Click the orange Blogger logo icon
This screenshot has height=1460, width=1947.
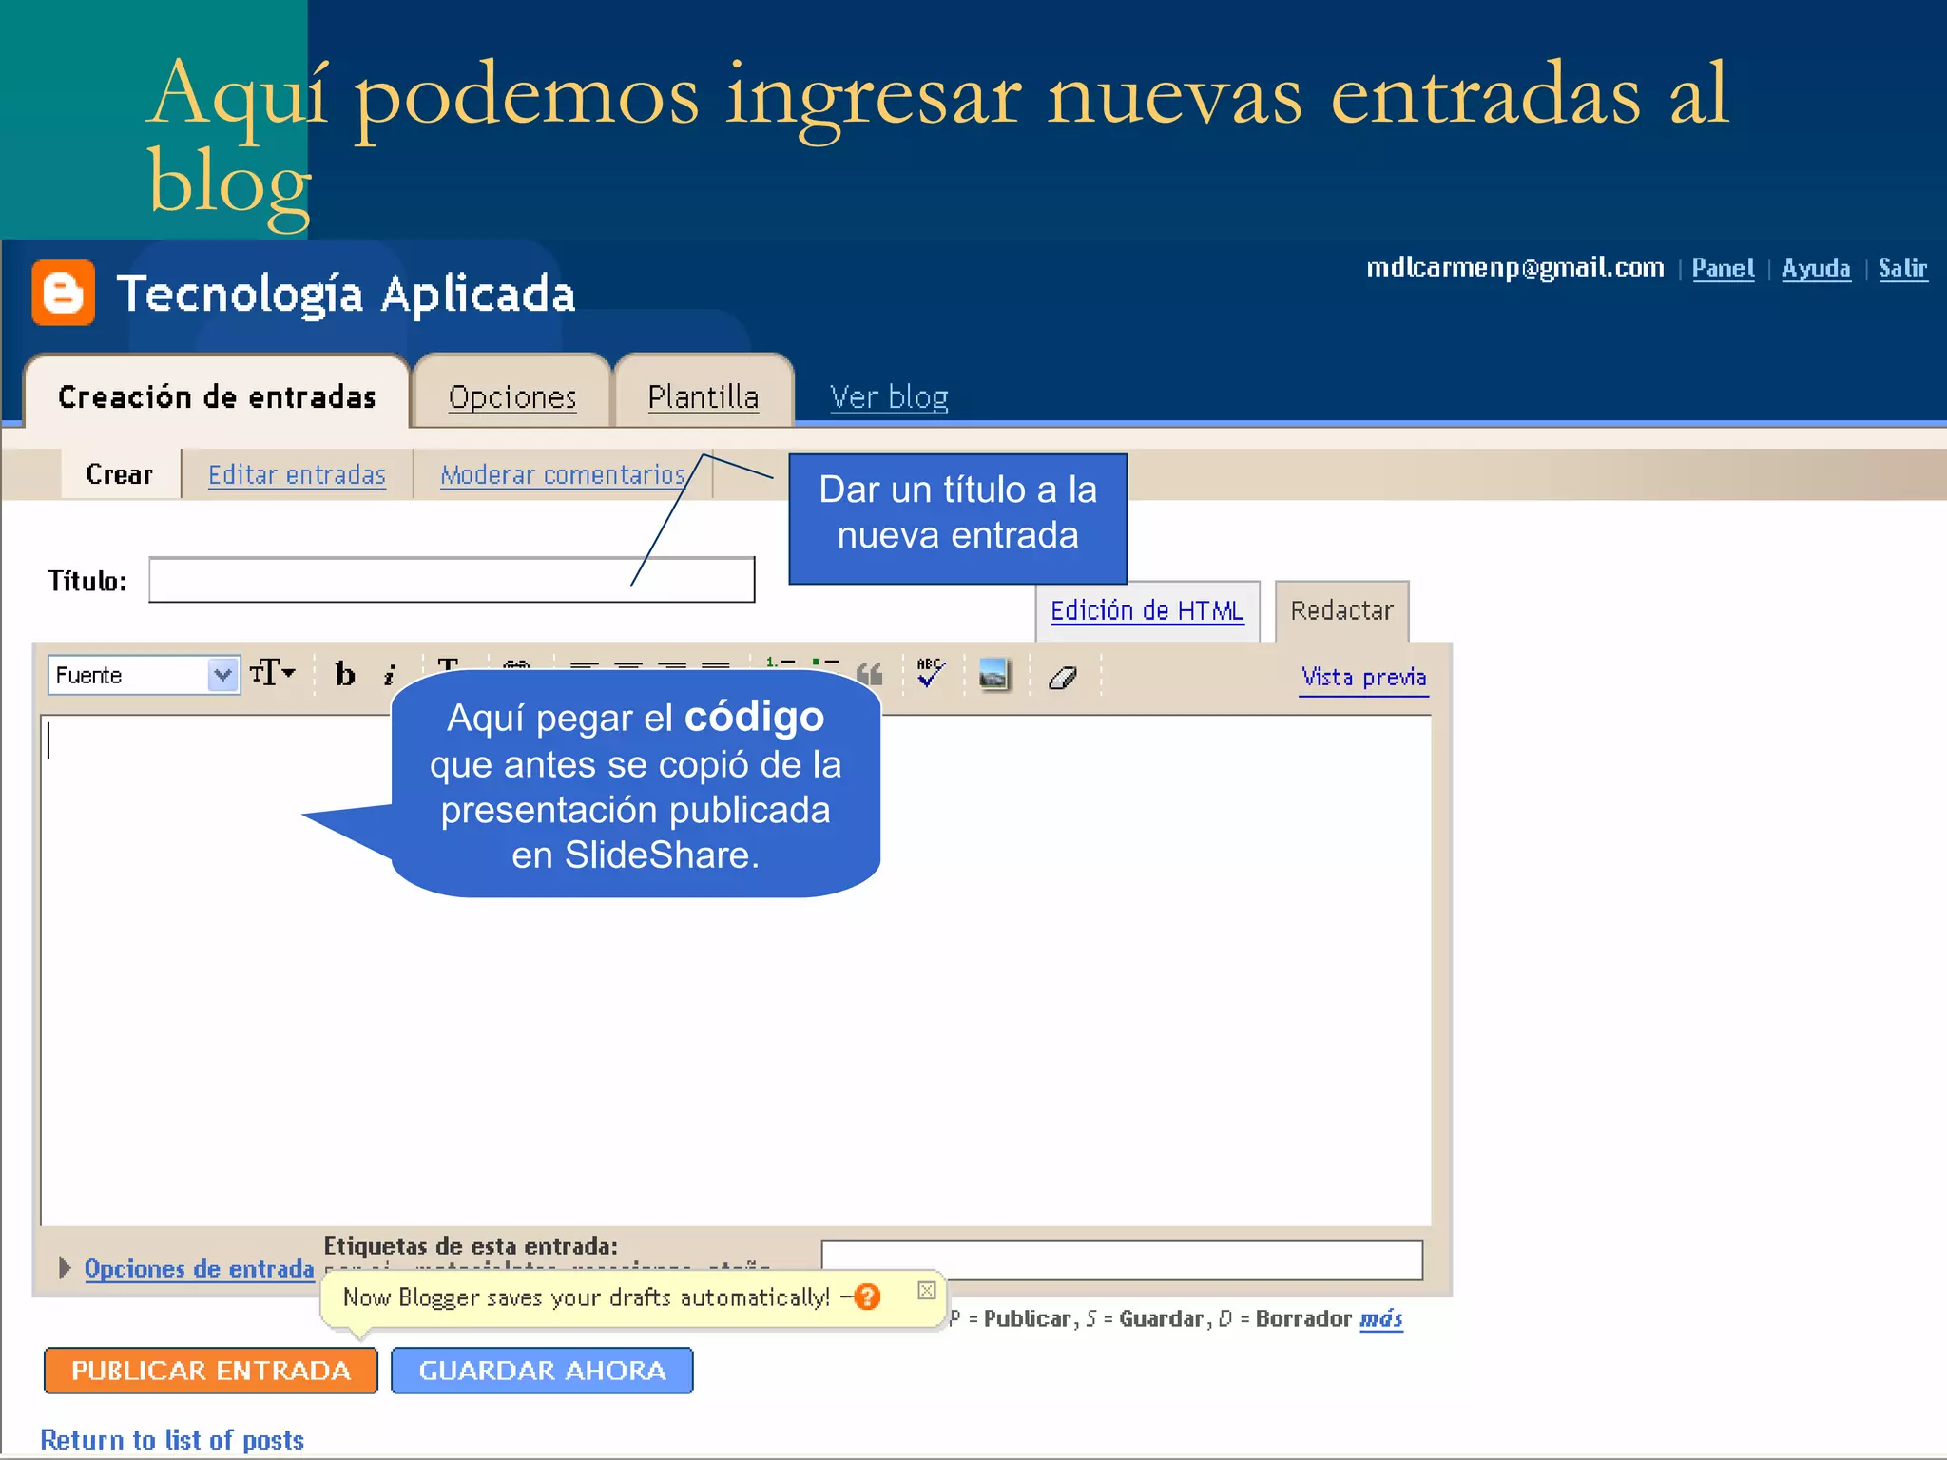click(63, 292)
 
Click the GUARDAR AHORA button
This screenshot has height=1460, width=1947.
click(542, 1370)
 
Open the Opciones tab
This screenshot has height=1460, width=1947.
click(512, 396)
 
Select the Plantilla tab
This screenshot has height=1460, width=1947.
click(703, 396)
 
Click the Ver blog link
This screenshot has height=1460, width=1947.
click(888, 396)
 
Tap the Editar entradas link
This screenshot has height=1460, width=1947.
click(297, 474)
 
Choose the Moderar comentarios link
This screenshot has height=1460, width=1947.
click(562, 474)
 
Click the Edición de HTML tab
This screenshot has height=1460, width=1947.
click(1147, 610)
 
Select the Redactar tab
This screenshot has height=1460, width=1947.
click(1341, 610)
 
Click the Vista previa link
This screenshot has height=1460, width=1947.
click(1363, 677)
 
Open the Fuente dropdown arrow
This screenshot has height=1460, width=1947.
click(222, 675)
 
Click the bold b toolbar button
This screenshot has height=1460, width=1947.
click(345, 675)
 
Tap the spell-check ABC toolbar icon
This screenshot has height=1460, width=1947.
click(930, 673)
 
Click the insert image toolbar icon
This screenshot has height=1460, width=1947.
click(993, 675)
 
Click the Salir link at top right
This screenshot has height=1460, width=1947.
click(1902, 268)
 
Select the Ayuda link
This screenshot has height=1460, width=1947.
click(1816, 268)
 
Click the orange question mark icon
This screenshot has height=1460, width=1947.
click(867, 1297)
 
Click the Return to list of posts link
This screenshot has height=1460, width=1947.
click(172, 1440)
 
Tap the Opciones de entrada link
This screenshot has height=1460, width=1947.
click(199, 1268)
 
